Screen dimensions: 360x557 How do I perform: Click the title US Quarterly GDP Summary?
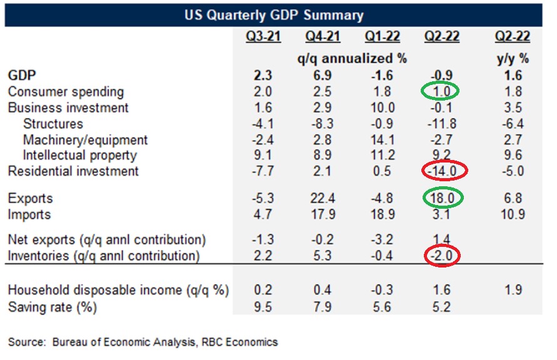point(274,15)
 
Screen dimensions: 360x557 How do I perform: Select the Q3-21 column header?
point(263,37)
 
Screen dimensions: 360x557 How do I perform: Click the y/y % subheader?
point(513,59)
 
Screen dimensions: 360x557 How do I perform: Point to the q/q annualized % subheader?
point(351,59)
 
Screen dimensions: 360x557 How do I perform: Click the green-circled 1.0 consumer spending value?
point(442,92)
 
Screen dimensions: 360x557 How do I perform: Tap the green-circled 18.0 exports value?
point(442,199)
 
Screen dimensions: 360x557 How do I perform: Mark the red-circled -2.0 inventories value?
point(442,256)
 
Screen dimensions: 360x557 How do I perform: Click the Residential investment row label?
point(74,171)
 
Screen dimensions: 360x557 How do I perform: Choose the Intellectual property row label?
point(80,155)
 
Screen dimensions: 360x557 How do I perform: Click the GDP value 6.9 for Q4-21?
point(323,75)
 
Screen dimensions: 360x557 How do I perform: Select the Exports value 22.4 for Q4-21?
point(323,199)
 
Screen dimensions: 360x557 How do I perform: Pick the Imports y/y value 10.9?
point(513,215)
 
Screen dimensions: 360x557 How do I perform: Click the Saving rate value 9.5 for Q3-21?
point(263,307)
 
